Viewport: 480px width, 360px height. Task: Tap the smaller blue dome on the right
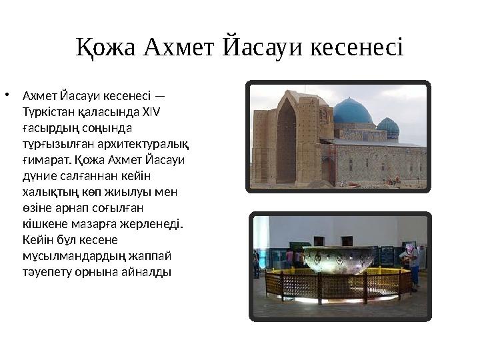(387, 125)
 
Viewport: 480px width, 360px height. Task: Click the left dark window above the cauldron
(319, 241)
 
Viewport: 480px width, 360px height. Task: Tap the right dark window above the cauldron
(347, 241)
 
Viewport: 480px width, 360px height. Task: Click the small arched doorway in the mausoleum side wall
(329, 170)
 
